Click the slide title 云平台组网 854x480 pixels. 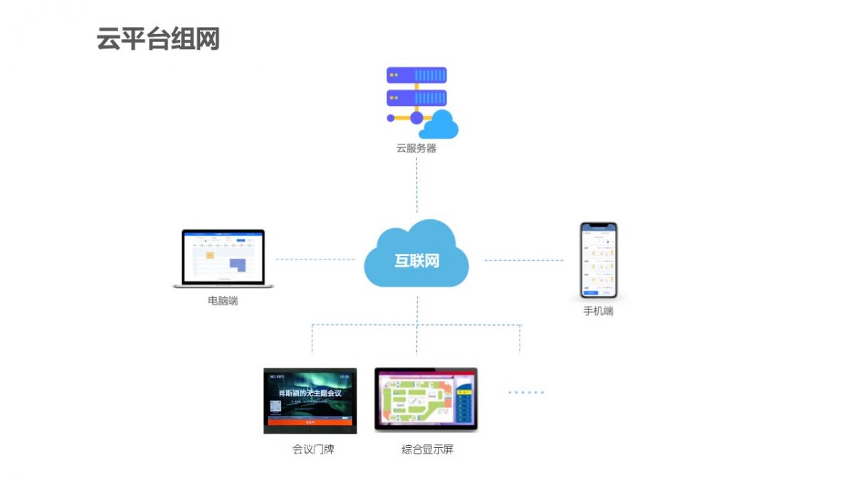(x=158, y=39)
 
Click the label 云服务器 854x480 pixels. (x=416, y=149)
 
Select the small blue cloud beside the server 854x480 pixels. (x=440, y=125)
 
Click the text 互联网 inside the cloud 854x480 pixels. (x=417, y=260)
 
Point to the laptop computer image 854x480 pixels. (x=223, y=258)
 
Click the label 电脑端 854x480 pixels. (x=223, y=301)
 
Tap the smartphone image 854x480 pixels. (x=599, y=260)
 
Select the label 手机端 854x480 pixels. (x=599, y=311)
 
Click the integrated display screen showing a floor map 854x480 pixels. (x=426, y=399)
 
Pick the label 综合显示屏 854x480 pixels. (x=427, y=449)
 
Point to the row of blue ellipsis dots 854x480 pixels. (x=526, y=392)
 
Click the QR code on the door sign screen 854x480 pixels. (x=275, y=407)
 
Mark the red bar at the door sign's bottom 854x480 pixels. (x=310, y=422)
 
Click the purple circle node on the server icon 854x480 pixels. (x=416, y=118)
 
